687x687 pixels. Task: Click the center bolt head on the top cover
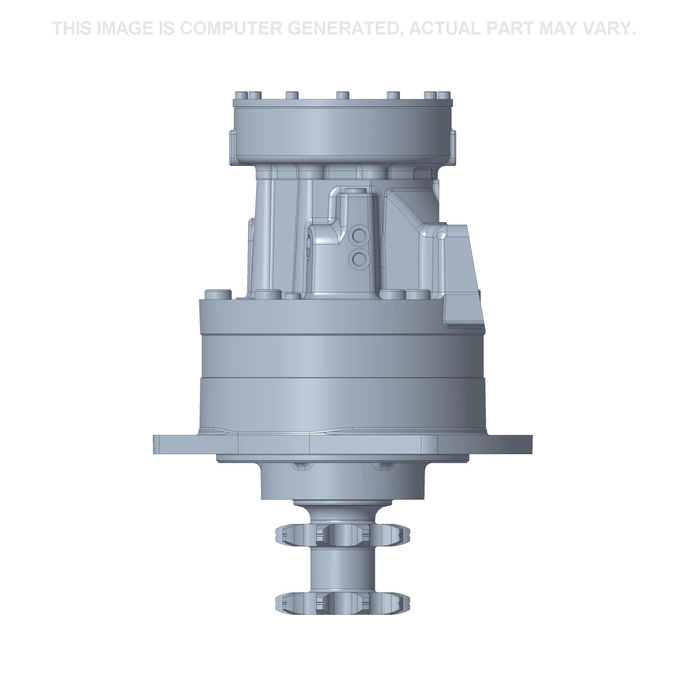(x=342, y=95)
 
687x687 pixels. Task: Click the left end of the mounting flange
(x=158, y=444)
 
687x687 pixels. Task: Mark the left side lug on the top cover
(x=232, y=146)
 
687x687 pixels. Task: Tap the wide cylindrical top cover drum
(x=342, y=135)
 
